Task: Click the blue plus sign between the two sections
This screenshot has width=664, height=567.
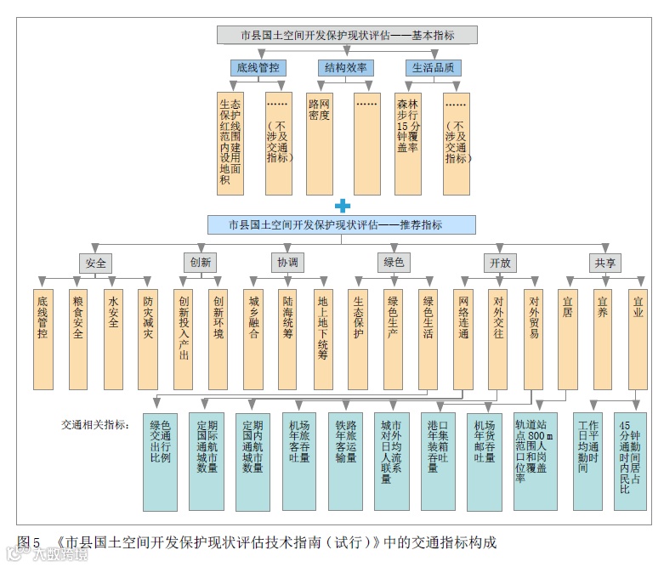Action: pos(342,205)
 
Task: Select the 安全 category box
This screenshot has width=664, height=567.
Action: pos(95,263)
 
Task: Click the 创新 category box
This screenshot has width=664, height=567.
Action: pos(201,263)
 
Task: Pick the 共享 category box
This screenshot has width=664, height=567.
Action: pos(605,263)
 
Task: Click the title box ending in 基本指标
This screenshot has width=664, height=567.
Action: pos(347,35)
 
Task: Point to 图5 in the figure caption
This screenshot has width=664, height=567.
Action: pos(29,541)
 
